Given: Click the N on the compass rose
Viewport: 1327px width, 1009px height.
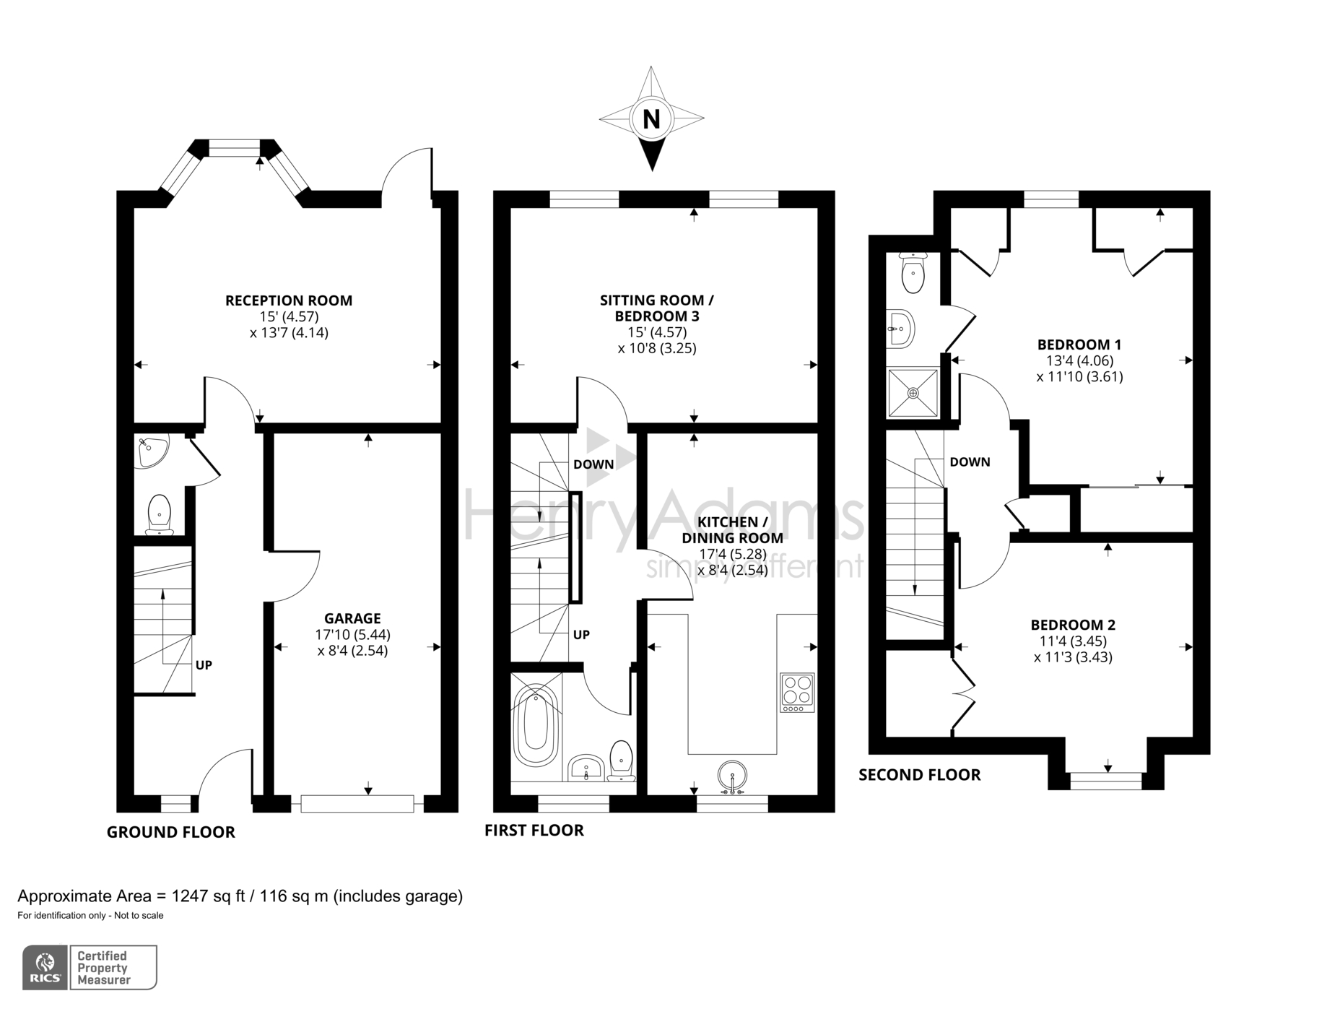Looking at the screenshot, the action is coord(651,118).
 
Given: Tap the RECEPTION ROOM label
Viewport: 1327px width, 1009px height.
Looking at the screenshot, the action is coord(289,300).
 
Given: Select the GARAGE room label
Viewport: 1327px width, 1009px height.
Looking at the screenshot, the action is coord(352,618).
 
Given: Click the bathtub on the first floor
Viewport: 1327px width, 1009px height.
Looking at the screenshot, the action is coord(535,725).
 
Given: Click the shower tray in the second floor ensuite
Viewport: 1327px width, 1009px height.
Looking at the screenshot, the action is coord(913,393).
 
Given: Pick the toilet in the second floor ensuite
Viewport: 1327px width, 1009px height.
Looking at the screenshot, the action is coord(913,272).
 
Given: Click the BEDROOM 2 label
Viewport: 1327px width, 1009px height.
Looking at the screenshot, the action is coord(1073,625).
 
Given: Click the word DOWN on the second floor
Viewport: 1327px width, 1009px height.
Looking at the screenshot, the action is coord(970,462).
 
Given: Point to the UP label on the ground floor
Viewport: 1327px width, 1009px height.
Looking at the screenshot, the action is coord(204,665).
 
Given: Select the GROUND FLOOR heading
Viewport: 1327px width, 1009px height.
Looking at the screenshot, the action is coord(171,832).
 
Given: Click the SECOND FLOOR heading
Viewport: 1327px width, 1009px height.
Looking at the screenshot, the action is coord(919,775).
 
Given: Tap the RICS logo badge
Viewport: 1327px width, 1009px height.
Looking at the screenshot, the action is coord(45,968).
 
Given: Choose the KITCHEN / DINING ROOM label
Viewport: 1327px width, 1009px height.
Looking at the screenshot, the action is coord(732,529).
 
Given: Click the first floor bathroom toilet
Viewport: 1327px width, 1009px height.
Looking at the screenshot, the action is coord(621,760).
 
